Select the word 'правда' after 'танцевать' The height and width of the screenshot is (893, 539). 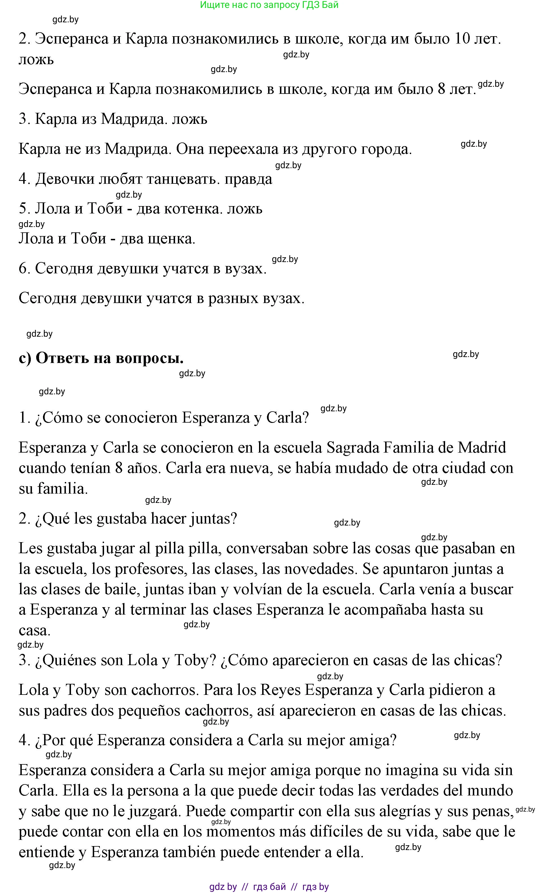point(248,179)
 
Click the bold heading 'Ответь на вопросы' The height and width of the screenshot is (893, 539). point(109,358)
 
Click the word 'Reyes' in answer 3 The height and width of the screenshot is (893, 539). point(281,690)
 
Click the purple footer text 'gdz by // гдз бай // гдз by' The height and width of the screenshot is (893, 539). point(269,886)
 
